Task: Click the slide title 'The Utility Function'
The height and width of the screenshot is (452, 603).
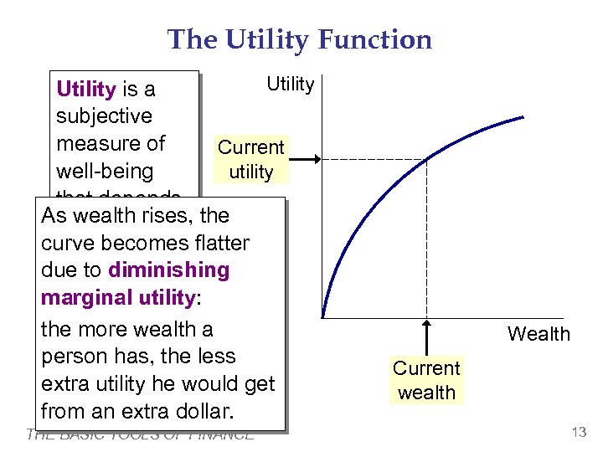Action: point(300,39)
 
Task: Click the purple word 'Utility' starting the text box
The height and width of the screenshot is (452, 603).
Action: point(85,89)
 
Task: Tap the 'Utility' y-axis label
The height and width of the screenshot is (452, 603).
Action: point(290,84)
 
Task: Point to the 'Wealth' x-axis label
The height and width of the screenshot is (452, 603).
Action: point(538,334)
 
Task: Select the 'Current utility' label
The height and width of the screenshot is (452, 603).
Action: point(251,160)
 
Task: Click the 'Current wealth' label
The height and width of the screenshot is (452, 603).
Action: point(426,380)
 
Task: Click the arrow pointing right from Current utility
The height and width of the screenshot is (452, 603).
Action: point(305,159)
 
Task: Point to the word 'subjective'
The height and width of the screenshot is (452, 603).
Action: point(104,116)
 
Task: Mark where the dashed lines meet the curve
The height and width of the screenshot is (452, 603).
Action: point(426,159)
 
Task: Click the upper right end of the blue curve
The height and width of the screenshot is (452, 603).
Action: point(524,117)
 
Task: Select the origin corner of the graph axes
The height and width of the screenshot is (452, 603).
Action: point(322,318)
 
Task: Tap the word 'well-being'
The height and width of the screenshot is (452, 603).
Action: point(104,172)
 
